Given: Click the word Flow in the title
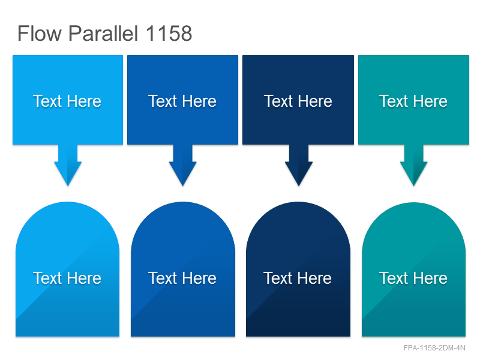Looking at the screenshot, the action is point(40,33).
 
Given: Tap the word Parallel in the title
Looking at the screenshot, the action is point(103,33).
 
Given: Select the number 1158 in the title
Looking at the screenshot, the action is point(169,33).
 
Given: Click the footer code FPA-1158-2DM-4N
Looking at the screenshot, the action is point(434,348).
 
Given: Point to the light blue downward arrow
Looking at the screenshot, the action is point(68,165).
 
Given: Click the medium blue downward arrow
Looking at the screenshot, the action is point(183,165).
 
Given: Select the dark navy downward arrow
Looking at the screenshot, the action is point(299,165).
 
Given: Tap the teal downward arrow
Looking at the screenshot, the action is point(414,165).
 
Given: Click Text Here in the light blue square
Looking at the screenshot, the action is point(67,101).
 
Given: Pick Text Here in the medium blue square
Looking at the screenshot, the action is point(182,101).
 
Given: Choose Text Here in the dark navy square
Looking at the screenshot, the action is point(298,101).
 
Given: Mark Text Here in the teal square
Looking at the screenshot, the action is point(413,101).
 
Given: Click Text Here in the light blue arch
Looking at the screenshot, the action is point(67,278).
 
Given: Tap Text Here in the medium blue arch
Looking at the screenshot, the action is point(182,278).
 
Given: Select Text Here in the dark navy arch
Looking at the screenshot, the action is point(298,278).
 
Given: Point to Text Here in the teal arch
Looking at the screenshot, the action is point(413,278).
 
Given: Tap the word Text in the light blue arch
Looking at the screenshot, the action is point(47,278).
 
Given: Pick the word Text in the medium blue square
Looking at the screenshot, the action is point(163,101).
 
